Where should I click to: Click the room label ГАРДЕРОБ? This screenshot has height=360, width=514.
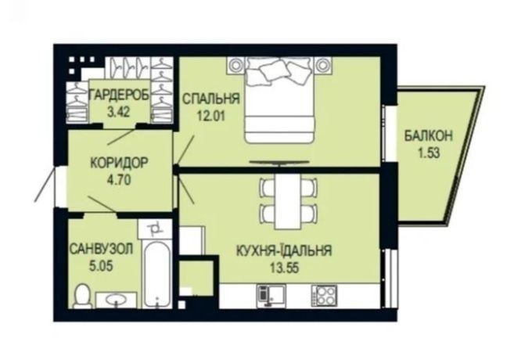coord(120,95)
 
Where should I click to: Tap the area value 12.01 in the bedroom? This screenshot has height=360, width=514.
coord(210,115)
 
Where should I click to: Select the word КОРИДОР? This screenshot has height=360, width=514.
coord(120,163)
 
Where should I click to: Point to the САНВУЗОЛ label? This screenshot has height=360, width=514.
coord(101,249)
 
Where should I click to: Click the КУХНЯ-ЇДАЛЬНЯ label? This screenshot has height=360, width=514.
coord(284,250)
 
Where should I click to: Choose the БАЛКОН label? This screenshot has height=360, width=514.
coord(429,135)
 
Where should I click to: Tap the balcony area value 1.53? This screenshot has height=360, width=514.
coord(429,153)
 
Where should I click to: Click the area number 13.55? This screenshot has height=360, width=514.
coord(284,268)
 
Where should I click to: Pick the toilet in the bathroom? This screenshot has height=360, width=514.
coord(81,297)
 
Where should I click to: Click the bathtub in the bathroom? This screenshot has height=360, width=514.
coord(157,274)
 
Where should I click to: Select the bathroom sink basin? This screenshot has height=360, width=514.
coord(116,300)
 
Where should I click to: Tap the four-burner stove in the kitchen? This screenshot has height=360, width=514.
coord(324,296)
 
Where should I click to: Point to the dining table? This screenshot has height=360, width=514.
coord(288,200)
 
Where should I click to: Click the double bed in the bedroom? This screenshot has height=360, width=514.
coord(279,100)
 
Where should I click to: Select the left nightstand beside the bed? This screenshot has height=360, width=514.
coord(235,66)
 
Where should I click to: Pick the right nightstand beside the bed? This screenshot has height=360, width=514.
coord(323,66)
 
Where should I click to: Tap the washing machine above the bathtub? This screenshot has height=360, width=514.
coord(155,229)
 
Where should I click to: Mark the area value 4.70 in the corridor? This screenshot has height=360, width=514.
coord(119,180)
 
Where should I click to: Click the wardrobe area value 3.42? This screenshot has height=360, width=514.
coord(119,112)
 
